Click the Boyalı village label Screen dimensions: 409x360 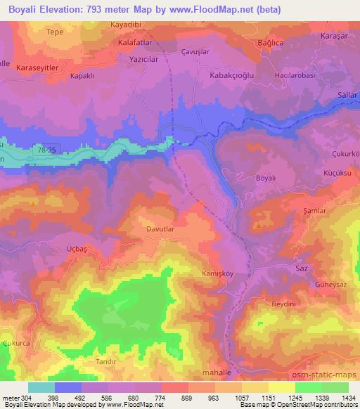click(x=271, y=178)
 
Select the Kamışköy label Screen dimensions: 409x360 click(x=216, y=273)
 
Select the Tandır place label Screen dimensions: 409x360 click(x=106, y=360)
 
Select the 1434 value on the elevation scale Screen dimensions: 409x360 click(x=347, y=399)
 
